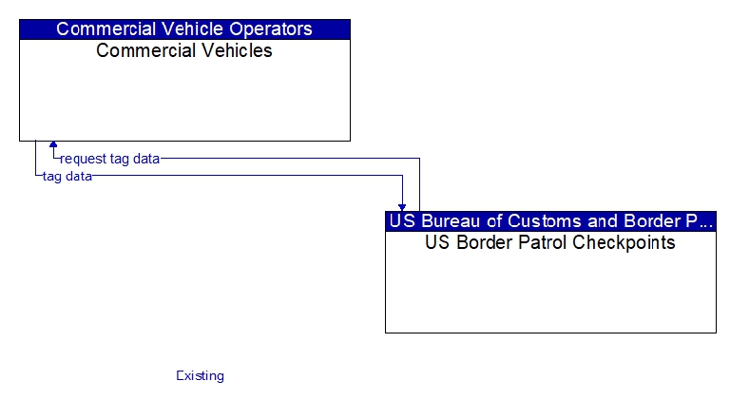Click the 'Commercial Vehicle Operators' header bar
(x=184, y=29)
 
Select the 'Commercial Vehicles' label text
(x=183, y=50)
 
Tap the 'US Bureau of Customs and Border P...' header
(x=550, y=221)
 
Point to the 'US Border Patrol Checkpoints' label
(x=550, y=243)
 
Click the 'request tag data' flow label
(x=110, y=159)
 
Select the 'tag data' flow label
(x=67, y=177)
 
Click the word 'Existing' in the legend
(x=201, y=375)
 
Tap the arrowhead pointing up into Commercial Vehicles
(x=53, y=144)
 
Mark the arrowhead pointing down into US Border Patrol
(x=402, y=208)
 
